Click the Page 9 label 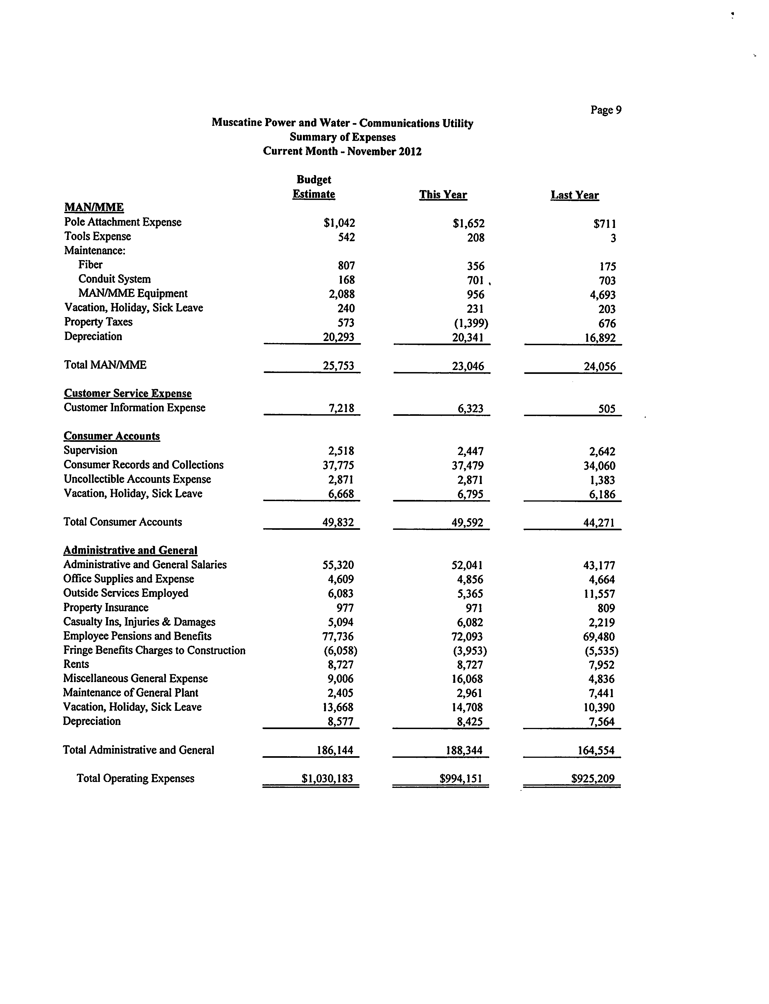[x=606, y=110]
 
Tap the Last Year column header [x=574, y=195]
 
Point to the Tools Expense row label [x=98, y=236]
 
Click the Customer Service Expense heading [x=128, y=393]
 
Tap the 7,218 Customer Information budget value [x=341, y=408]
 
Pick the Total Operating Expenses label [x=135, y=778]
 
